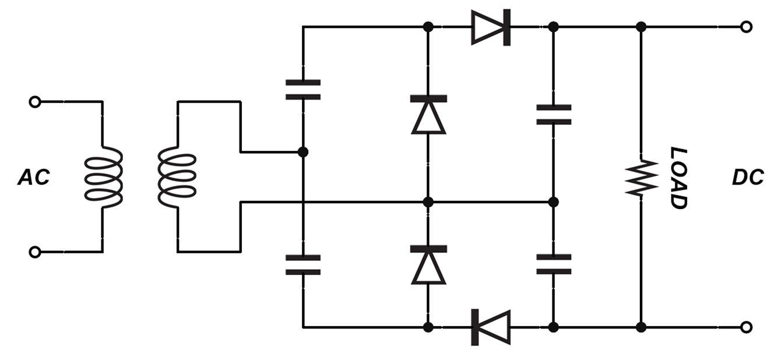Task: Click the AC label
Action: click(34, 178)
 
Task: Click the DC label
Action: click(748, 178)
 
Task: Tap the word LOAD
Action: click(677, 178)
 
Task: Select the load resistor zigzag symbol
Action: click(640, 178)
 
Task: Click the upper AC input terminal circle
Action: click(35, 102)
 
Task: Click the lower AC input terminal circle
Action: click(35, 252)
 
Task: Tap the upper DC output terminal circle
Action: click(746, 27)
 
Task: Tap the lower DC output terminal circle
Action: click(746, 327)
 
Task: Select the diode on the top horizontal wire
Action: click(491, 27)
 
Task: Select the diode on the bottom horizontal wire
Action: click(491, 327)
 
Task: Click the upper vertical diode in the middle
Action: click(428, 115)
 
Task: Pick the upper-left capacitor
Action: click(303, 89)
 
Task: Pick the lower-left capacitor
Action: click(303, 264)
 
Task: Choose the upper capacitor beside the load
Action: click(554, 115)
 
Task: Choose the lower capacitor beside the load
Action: click(554, 264)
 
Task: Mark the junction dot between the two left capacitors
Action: click(303, 152)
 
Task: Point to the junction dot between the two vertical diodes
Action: click(428, 202)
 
